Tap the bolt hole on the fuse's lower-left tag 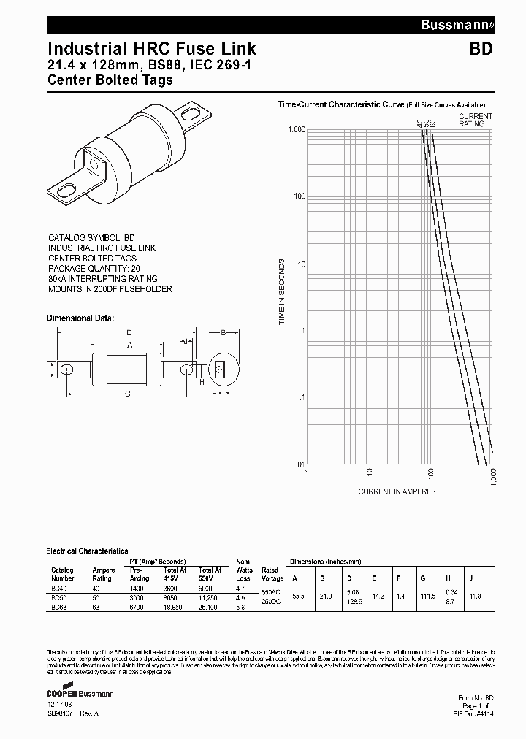coord(65,191)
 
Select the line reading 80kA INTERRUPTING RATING coord(102,279)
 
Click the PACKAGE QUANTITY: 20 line coord(94,269)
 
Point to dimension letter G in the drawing coord(128,394)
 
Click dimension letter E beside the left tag coord(50,370)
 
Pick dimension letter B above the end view coord(222,332)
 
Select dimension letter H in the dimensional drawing coord(202,380)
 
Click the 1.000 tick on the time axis coord(296,129)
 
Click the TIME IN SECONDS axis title coord(282,291)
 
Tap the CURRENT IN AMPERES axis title coord(397,491)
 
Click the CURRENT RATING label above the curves coord(476,120)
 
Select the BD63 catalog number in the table coord(58,606)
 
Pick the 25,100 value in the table coord(210,606)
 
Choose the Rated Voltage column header coord(270,574)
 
